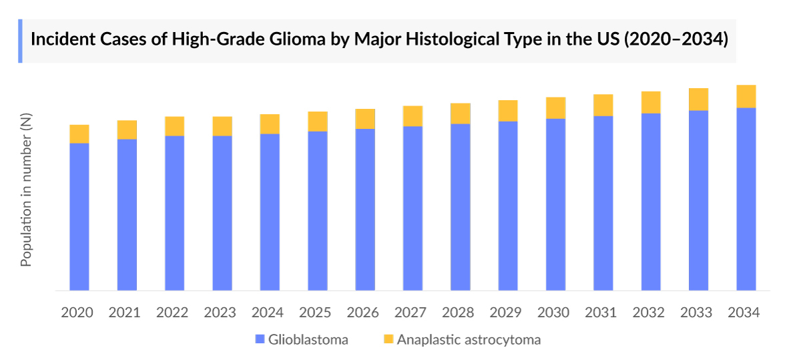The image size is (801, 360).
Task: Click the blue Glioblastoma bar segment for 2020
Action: coord(79,217)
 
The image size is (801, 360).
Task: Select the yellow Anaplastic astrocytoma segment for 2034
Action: coord(746,96)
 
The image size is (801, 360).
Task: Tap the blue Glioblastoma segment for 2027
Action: coord(413,208)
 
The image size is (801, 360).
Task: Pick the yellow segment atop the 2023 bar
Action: coord(222,126)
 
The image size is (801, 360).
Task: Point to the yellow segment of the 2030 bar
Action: coord(555,108)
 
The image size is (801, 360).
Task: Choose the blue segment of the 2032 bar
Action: coord(651,202)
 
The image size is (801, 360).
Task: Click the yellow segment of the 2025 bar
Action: coord(318,122)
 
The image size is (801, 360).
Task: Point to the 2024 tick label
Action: coord(267,313)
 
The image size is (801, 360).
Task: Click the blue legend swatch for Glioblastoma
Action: coord(260,340)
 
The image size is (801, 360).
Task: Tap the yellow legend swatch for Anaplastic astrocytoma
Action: coord(388,340)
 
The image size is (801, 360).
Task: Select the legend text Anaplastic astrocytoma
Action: coord(469,340)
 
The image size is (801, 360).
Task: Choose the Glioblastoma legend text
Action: coord(308,340)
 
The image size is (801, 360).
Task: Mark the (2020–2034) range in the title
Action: coord(675,39)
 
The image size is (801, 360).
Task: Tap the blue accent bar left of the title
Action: coord(20,41)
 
